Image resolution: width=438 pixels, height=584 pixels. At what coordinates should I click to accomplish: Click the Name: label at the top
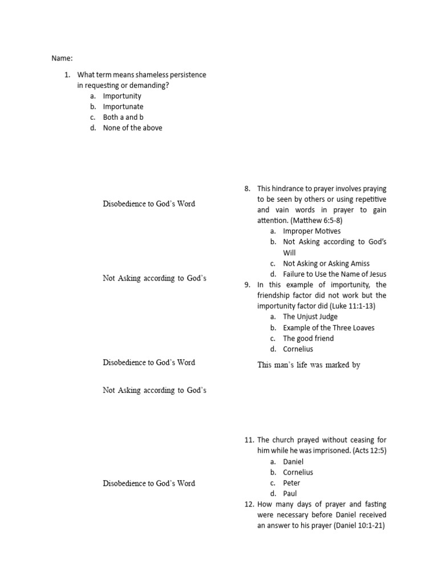click(62, 58)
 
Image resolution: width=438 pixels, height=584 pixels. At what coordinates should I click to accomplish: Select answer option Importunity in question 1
click(122, 96)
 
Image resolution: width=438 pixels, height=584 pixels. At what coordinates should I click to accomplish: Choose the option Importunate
click(123, 107)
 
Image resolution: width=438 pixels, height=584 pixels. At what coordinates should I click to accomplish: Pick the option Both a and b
click(123, 117)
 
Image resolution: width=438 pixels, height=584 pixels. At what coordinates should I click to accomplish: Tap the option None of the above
click(132, 128)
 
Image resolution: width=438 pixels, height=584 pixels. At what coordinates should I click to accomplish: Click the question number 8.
click(247, 188)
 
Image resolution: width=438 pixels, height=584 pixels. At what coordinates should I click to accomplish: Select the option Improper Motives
click(311, 231)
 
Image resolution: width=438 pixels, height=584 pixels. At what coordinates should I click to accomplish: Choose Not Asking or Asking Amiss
click(326, 263)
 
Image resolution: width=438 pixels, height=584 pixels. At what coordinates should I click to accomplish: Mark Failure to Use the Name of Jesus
click(334, 274)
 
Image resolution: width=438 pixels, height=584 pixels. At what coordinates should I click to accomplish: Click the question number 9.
click(247, 285)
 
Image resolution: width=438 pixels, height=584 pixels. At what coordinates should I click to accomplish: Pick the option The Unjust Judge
click(310, 317)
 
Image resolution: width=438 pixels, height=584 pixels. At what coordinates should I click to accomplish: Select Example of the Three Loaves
click(328, 327)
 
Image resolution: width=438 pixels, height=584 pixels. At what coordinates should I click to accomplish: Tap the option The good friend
click(309, 338)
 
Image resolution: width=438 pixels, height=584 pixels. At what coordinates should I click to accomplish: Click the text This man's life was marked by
click(309, 365)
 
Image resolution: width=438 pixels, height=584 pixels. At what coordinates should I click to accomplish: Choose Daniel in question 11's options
click(293, 461)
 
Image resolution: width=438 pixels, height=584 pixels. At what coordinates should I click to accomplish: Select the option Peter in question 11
click(291, 483)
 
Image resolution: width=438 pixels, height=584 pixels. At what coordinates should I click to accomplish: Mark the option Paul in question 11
click(290, 493)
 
